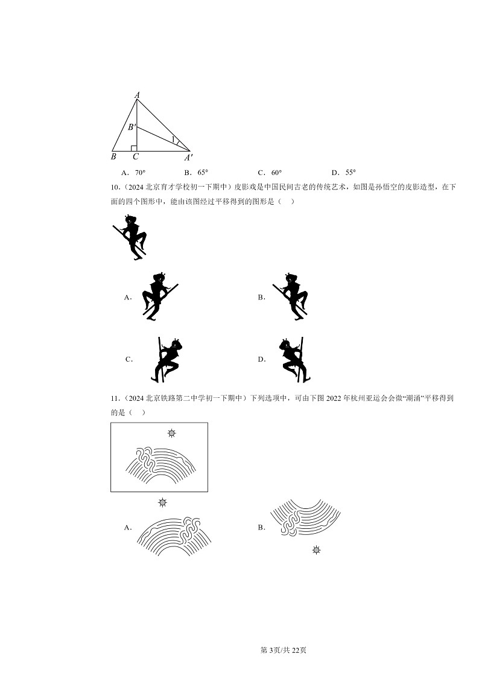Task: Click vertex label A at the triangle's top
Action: pyautogui.click(x=137, y=95)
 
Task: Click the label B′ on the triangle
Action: pyautogui.click(x=131, y=127)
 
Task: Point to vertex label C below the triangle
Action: pyautogui.click(x=136, y=157)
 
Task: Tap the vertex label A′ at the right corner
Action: pyautogui.click(x=189, y=158)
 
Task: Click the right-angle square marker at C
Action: pyautogui.click(x=134, y=148)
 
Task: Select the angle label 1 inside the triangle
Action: pyautogui.click(x=173, y=139)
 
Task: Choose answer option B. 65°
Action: pyautogui.click(x=196, y=172)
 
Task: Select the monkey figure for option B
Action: pyautogui.click(x=291, y=296)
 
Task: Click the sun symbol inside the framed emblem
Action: pyautogui.click(x=172, y=433)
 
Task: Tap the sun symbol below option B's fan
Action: pyautogui.click(x=316, y=549)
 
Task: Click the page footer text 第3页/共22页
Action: pyautogui.click(x=283, y=650)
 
